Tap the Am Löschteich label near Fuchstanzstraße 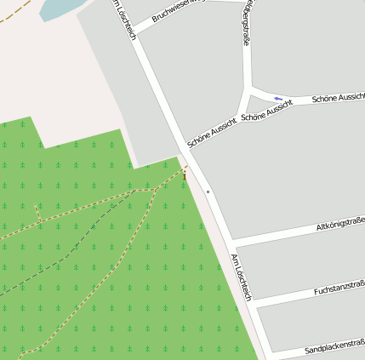click(242, 277)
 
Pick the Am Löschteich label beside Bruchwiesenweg click(125, 19)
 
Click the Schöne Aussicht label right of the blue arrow click(338, 99)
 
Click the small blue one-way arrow click(278, 99)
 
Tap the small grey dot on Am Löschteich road click(208, 192)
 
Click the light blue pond click(60, 9)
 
